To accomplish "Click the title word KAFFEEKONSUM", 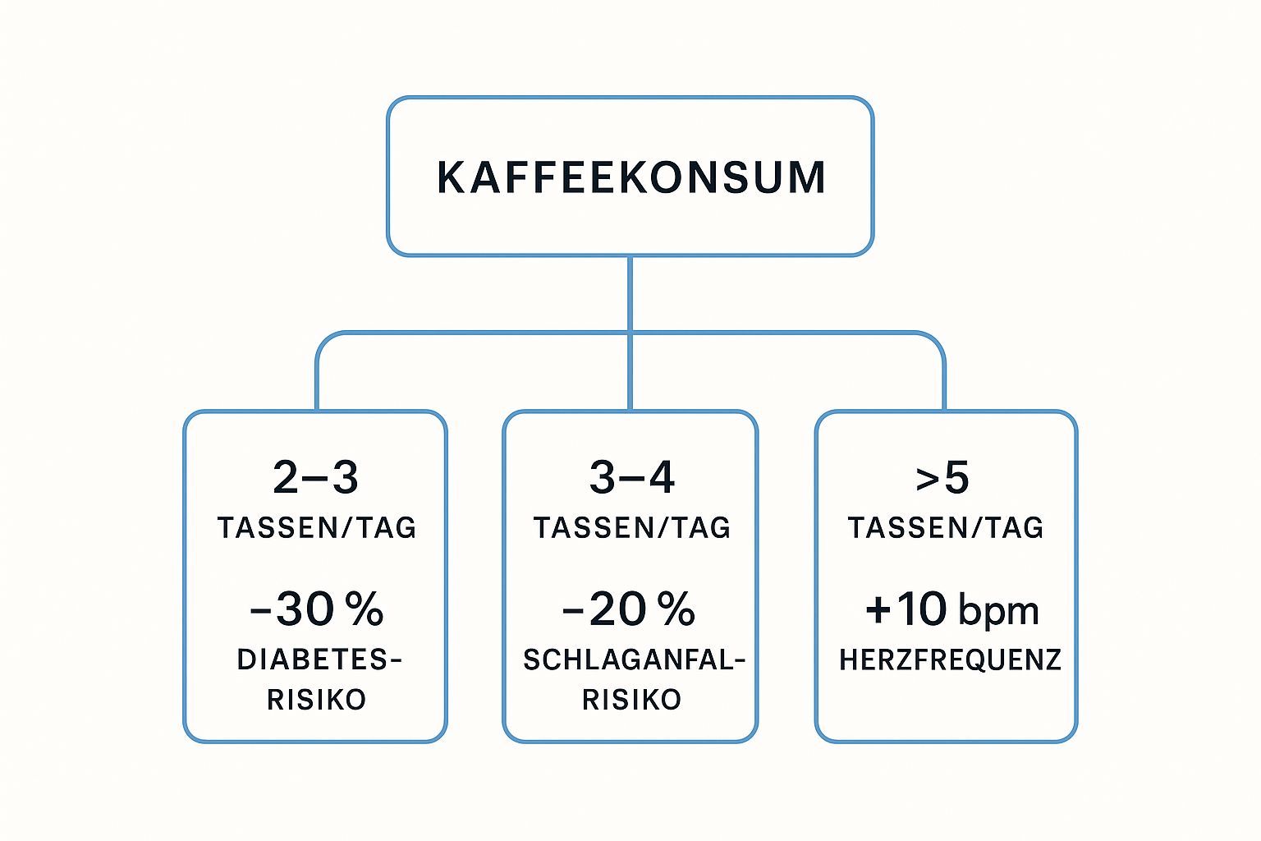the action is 630,177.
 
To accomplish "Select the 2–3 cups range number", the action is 315,477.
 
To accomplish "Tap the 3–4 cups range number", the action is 631,477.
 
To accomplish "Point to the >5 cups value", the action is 942,477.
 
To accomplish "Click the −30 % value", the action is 316,609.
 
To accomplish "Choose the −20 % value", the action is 629,609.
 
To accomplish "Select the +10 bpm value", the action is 951,609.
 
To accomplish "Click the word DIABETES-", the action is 319,659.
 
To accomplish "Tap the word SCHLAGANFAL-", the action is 634,659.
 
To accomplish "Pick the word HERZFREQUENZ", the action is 950,659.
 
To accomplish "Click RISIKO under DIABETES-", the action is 316,700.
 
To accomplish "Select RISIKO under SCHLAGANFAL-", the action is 631,700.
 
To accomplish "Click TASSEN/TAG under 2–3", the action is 316,527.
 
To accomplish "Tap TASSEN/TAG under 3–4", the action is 631,527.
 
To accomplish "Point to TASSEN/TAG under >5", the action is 945,527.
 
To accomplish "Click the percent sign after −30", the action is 364,609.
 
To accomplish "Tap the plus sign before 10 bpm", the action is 878,609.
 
